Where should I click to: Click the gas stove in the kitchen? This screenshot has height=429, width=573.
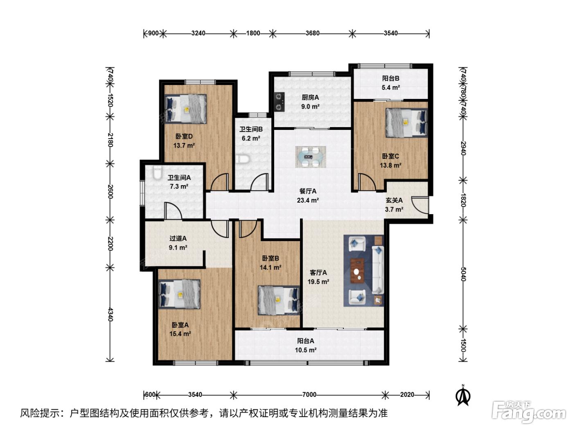(279, 102)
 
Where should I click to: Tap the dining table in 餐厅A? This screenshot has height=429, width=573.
(310, 157)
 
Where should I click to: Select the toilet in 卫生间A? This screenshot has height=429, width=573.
(157, 173)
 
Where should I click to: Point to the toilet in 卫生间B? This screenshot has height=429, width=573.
(243, 159)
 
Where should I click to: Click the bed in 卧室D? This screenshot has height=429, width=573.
(185, 109)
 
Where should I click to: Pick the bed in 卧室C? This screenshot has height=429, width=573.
(406, 123)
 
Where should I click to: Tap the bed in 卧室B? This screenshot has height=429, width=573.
(279, 300)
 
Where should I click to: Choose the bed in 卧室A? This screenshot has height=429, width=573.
(179, 294)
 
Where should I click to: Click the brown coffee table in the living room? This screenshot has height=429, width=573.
(357, 270)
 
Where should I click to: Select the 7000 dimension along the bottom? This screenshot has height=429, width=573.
(309, 395)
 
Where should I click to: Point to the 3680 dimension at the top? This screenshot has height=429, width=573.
(312, 33)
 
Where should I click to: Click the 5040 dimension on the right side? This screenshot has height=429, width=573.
(463, 274)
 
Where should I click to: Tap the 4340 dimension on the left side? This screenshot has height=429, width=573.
(110, 314)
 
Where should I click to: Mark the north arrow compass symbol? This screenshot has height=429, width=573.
(463, 396)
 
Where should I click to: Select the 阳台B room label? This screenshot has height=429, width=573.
(390, 78)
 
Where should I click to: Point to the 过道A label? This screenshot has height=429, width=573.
(178, 238)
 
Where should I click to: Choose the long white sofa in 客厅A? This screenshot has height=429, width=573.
(378, 270)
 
